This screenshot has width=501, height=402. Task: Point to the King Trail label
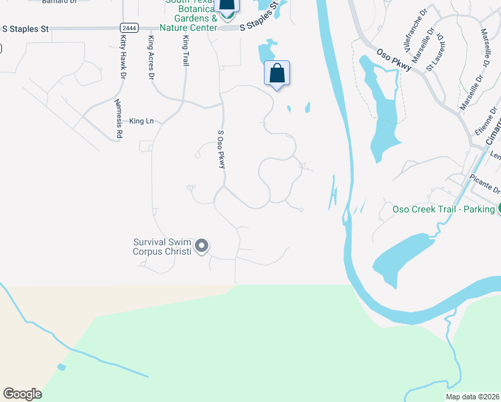[186, 50]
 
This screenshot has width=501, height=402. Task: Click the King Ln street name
[141, 121]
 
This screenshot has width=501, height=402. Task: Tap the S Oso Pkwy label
[220, 149]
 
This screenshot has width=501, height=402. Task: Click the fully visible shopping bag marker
[277, 74]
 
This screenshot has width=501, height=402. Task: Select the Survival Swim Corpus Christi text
[162, 247]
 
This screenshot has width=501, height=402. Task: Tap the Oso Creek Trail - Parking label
[443, 209]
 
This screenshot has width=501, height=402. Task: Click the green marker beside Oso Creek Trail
[498, 209]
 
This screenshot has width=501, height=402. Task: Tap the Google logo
[22, 394]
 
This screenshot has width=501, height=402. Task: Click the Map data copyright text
[473, 397]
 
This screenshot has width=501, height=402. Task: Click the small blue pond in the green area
[62, 367]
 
